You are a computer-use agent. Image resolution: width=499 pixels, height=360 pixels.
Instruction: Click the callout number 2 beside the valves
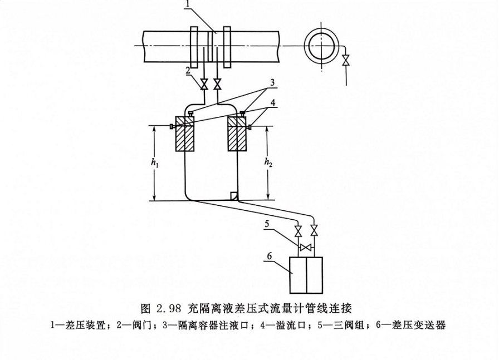[x=190, y=71]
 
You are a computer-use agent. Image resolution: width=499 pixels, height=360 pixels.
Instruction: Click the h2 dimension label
[x=270, y=163]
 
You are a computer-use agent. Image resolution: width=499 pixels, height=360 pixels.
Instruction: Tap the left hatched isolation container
[x=184, y=134]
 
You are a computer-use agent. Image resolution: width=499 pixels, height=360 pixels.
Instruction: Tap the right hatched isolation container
[x=237, y=134]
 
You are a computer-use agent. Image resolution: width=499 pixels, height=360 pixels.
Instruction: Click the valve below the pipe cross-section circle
[x=347, y=60]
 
